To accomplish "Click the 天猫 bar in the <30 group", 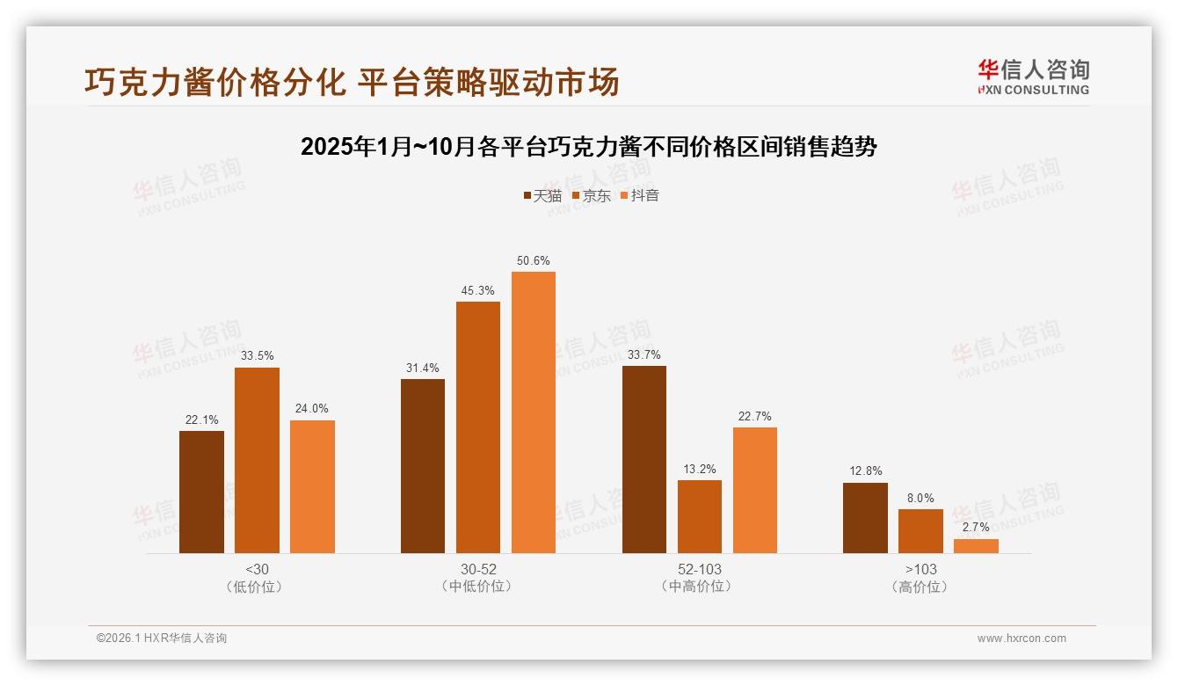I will [201, 492].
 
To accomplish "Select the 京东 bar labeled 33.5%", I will [257, 460].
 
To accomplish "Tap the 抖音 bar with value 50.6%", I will [534, 412].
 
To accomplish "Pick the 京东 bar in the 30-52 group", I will [478, 427].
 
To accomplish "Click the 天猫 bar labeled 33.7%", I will [644, 459].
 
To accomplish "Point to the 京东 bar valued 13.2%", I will [700, 516].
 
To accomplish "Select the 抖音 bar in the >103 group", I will [976, 545].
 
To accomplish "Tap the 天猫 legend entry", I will [542, 195].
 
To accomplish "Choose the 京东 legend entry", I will [592, 195].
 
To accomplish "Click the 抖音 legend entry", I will [640, 195].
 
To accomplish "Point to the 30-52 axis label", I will [478, 569].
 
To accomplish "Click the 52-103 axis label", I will [700, 569].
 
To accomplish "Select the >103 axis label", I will [920, 569].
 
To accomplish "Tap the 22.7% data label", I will [755, 416].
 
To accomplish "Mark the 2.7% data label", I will [976, 528].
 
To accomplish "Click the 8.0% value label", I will [920, 498].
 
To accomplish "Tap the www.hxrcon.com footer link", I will [1022, 639].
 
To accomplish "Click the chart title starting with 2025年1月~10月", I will [589, 146].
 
